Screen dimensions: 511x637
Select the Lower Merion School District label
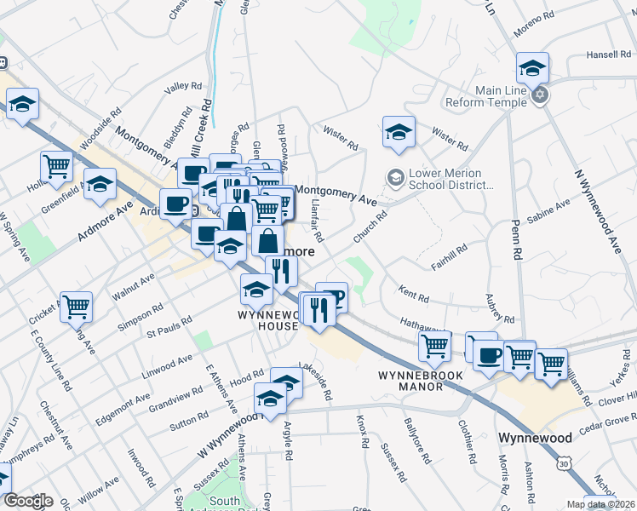point(445,179)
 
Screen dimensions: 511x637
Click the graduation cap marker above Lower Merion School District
point(399,132)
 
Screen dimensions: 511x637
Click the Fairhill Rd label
point(449,258)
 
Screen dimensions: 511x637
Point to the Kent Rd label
point(413,295)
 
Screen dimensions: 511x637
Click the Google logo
point(28,501)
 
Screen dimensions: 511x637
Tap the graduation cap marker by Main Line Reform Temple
point(532,67)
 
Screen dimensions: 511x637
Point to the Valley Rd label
point(183,87)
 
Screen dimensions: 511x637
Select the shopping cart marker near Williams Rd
point(551,364)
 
